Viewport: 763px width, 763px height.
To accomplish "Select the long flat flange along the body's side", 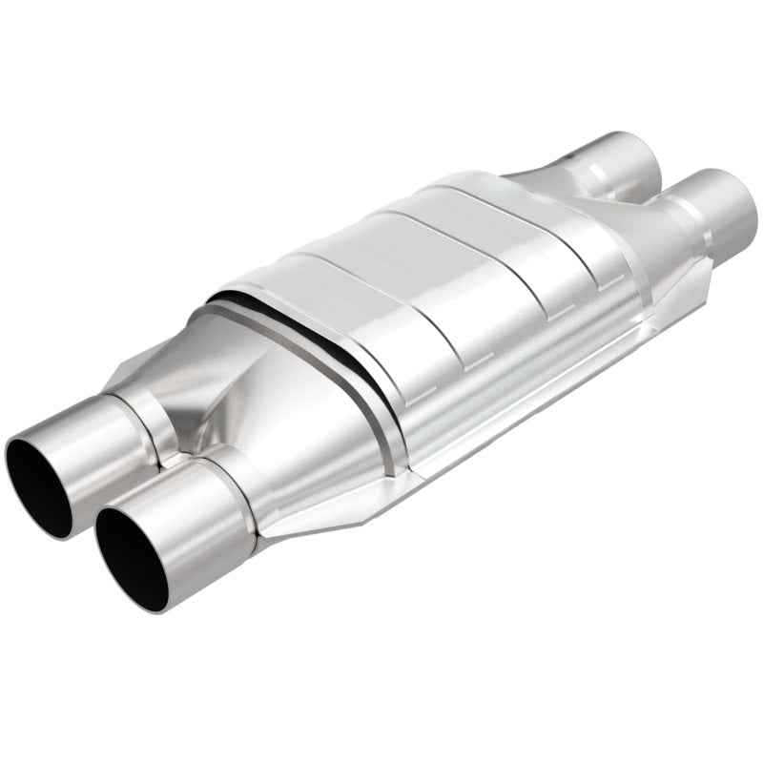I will [x=534, y=401].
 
